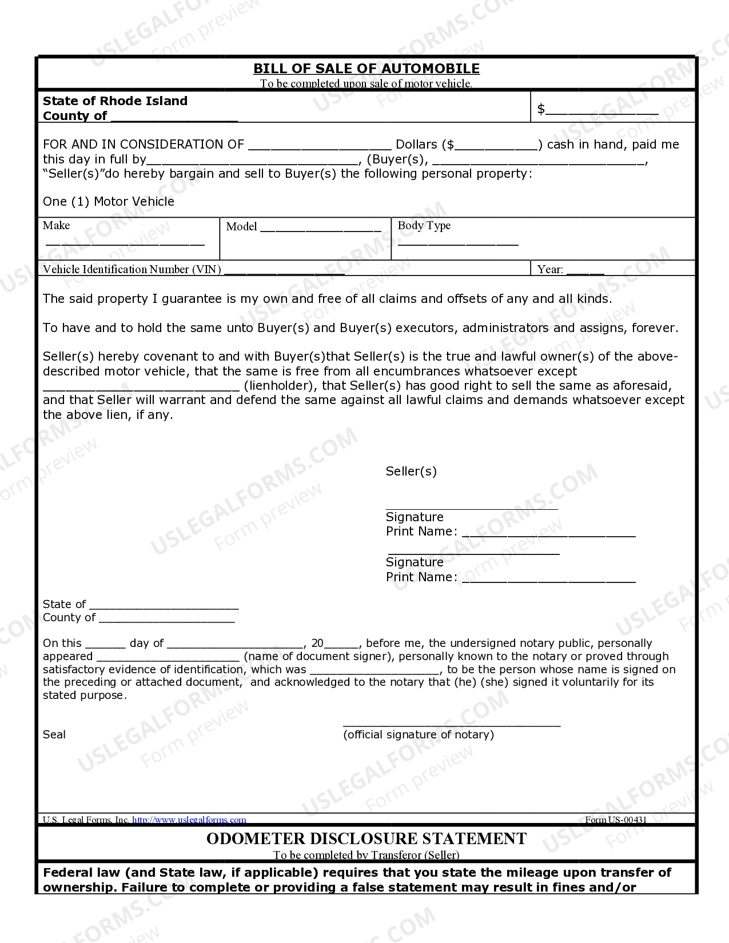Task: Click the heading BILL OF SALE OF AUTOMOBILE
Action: [x=366, y=69]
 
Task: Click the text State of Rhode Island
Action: [x=115, y=101]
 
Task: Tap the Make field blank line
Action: [x=125, y=243]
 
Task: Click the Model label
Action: [x=241, y=227]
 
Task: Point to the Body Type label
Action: [x=424, y=226]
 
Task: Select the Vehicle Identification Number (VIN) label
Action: [x=132, y=269]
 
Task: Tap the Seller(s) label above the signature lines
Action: [x=411, y=471]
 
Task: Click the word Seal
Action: [x=54, y=735]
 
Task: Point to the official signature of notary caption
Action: [x=419, y=735]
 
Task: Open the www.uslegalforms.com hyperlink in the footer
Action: [x=189, y=820]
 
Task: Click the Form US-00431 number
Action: [x=616, y=820]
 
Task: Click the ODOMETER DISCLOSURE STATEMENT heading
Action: [x=366, y=839]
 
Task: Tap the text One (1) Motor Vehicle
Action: [x=109, y=202]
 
